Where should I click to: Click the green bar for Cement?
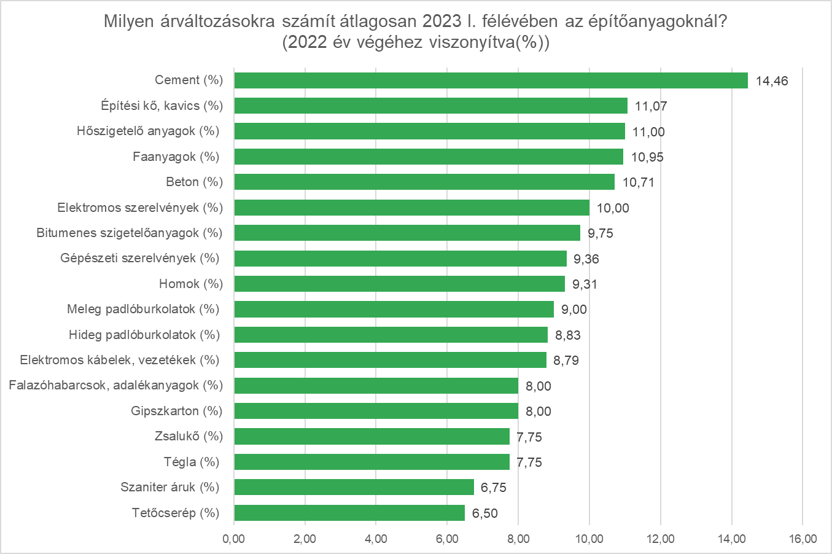[491, 80]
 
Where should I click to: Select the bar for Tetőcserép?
[349, 513]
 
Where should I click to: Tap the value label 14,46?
[771, 81]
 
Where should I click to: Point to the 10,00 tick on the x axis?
[589, 539]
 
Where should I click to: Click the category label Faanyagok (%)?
[176, 157]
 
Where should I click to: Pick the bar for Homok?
[399, 284]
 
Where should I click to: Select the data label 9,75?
[600, 233]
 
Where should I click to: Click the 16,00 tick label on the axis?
[802, 539]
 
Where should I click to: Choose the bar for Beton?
[424, 182]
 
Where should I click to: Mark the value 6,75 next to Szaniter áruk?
[493, 488]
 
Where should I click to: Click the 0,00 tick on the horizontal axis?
[234, 539]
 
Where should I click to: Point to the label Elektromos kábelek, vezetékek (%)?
[120, 360]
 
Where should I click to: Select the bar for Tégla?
[371, 462]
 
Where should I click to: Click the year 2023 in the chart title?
[441, 21]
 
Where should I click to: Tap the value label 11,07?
[650, 106]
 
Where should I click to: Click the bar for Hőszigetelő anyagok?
[429, 131]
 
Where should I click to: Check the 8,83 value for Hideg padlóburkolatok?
[567, 335]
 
